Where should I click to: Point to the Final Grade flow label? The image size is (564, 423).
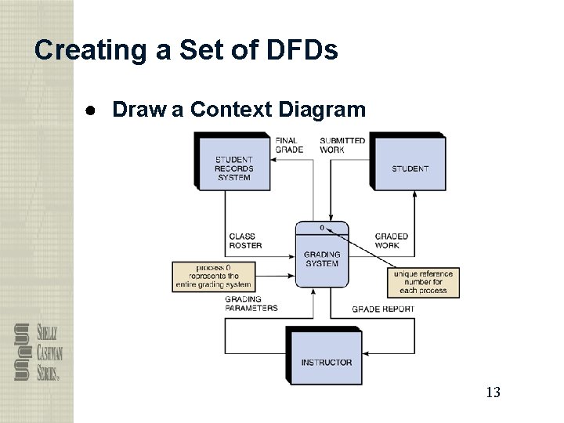pos(286,146)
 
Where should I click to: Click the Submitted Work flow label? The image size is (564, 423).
pos(342,146)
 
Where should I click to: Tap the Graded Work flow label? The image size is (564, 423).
pos(391,240)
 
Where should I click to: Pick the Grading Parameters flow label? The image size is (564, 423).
pos(251,304)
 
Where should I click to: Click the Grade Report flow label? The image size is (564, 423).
pos(383,309)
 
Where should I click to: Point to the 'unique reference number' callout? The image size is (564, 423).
pos(423,282)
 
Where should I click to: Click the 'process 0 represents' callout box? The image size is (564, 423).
pos(214,276)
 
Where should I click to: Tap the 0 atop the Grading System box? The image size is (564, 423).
pos(321,228)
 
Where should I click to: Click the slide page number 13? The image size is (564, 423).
pos(492,392)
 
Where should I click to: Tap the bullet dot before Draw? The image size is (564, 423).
pos(92,110)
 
